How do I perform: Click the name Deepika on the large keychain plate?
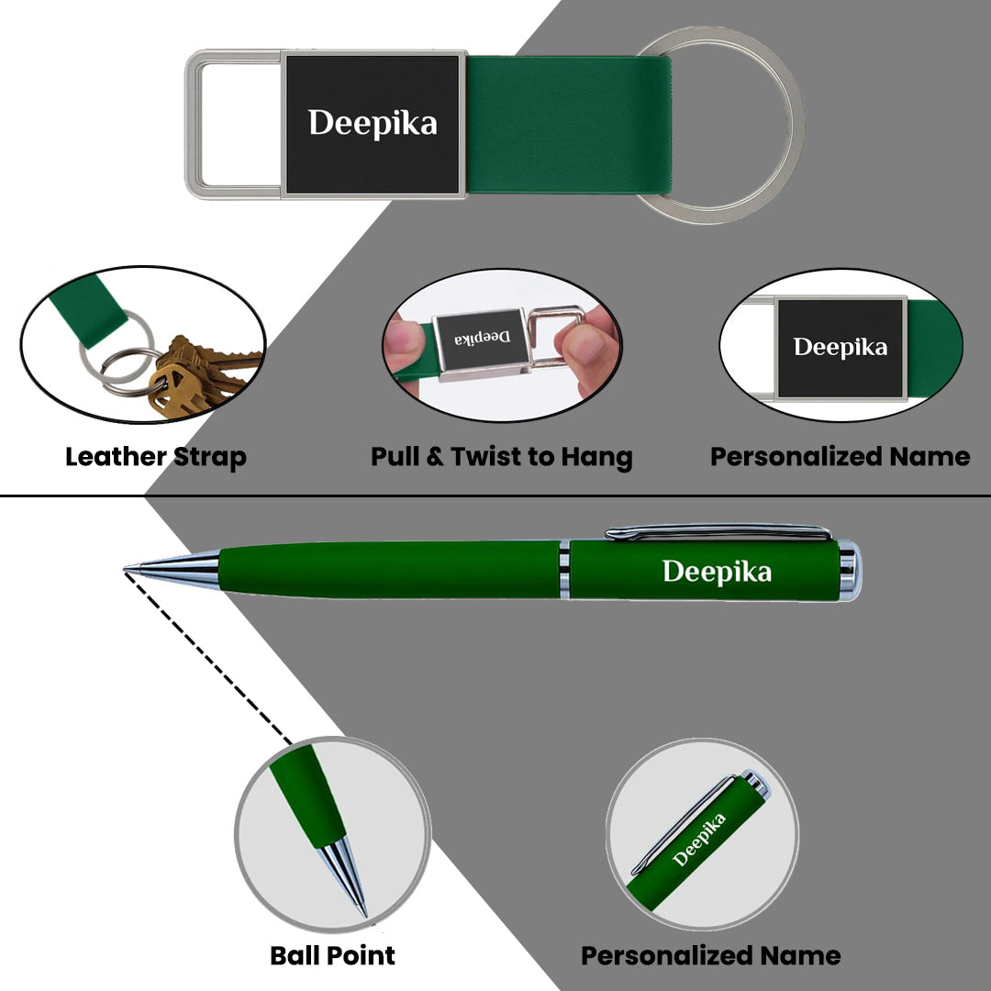tap(373, 123)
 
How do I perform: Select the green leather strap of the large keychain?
tap(568, 125)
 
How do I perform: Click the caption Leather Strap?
tap(155, 457)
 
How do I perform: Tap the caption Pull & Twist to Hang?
tap(501, 457)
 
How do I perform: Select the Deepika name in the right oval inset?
tap(840, 347)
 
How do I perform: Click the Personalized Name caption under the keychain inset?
tap(840, 456)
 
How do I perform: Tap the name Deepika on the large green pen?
tap(717, 572)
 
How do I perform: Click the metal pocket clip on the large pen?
tap(718, 532)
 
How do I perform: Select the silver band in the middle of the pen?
tap(564, 570)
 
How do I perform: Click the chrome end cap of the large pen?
tap(850, 570)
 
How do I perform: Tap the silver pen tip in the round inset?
tap(343, 874)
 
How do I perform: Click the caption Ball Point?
tap(332, 955)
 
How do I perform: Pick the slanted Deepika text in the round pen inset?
tap(698, 840)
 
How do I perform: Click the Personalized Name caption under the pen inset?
tap(710, 955)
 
